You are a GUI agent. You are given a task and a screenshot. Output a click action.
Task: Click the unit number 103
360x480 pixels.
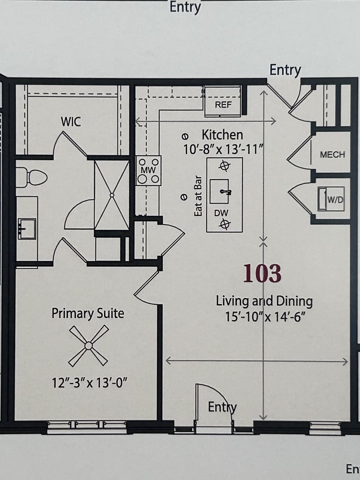coord(262,274)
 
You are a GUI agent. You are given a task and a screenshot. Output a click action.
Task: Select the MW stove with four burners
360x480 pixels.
coord(148,170)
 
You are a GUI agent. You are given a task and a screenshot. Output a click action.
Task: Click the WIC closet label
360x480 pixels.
coord(71,121)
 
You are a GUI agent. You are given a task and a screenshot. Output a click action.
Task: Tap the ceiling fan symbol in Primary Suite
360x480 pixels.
coord(88,345)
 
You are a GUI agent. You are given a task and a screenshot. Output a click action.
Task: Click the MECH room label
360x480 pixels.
coord(332,154)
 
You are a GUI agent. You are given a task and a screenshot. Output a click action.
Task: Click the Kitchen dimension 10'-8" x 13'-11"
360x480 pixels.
coord(222,149)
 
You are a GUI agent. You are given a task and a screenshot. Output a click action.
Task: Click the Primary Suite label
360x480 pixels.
coord(88,313)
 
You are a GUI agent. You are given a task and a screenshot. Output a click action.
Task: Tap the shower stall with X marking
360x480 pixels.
coord(111,195)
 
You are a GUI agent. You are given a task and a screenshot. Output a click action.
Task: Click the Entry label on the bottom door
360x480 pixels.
coord(222,407)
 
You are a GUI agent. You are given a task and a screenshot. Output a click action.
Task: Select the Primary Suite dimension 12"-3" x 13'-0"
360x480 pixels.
coord(90,383)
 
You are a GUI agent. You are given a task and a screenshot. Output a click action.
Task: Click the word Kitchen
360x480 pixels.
coord(222,135)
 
